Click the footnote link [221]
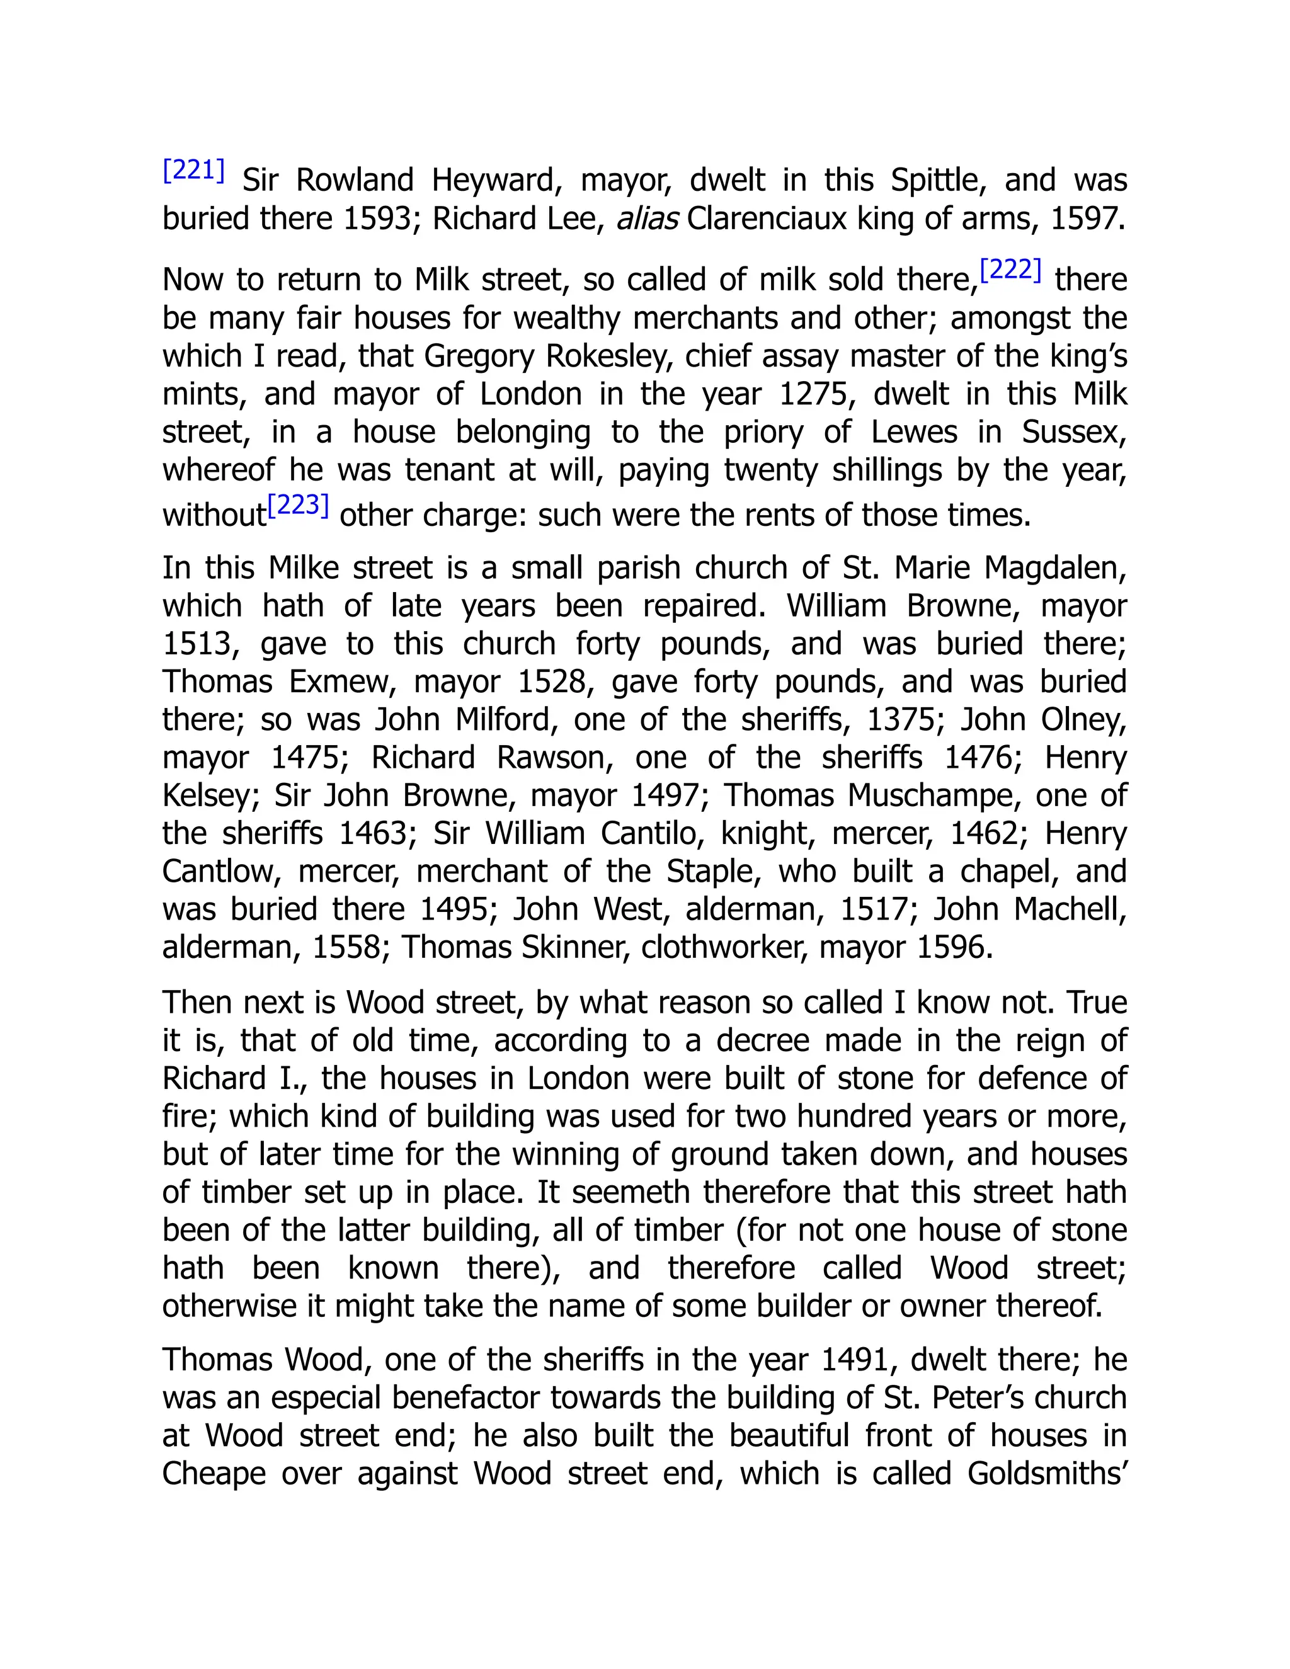(194, 169)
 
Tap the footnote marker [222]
(1010, 270)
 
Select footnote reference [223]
(298, 505)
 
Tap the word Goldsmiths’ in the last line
(1047, 1473)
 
